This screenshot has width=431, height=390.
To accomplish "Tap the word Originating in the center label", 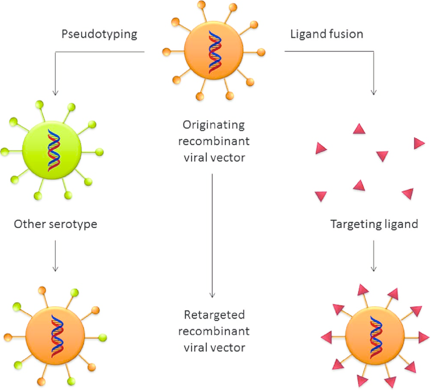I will [214, 124].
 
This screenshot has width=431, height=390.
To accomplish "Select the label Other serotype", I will [55, 224].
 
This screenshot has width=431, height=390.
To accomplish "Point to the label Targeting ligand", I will [374, 224].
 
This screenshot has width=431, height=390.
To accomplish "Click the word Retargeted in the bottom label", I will [214, 316].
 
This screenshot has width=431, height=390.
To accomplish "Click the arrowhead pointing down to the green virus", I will [55, 92].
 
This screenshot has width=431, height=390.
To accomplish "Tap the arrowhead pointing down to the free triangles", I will [374, 92].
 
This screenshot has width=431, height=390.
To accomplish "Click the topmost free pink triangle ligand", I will [359, 130].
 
